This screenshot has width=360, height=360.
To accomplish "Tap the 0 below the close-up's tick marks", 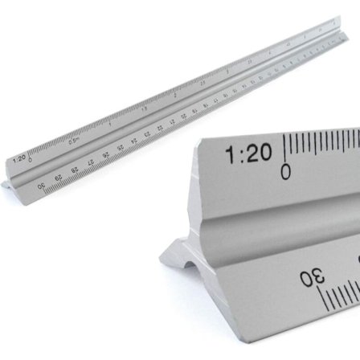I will (285, 171).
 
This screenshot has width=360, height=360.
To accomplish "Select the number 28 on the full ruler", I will (72, 162).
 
